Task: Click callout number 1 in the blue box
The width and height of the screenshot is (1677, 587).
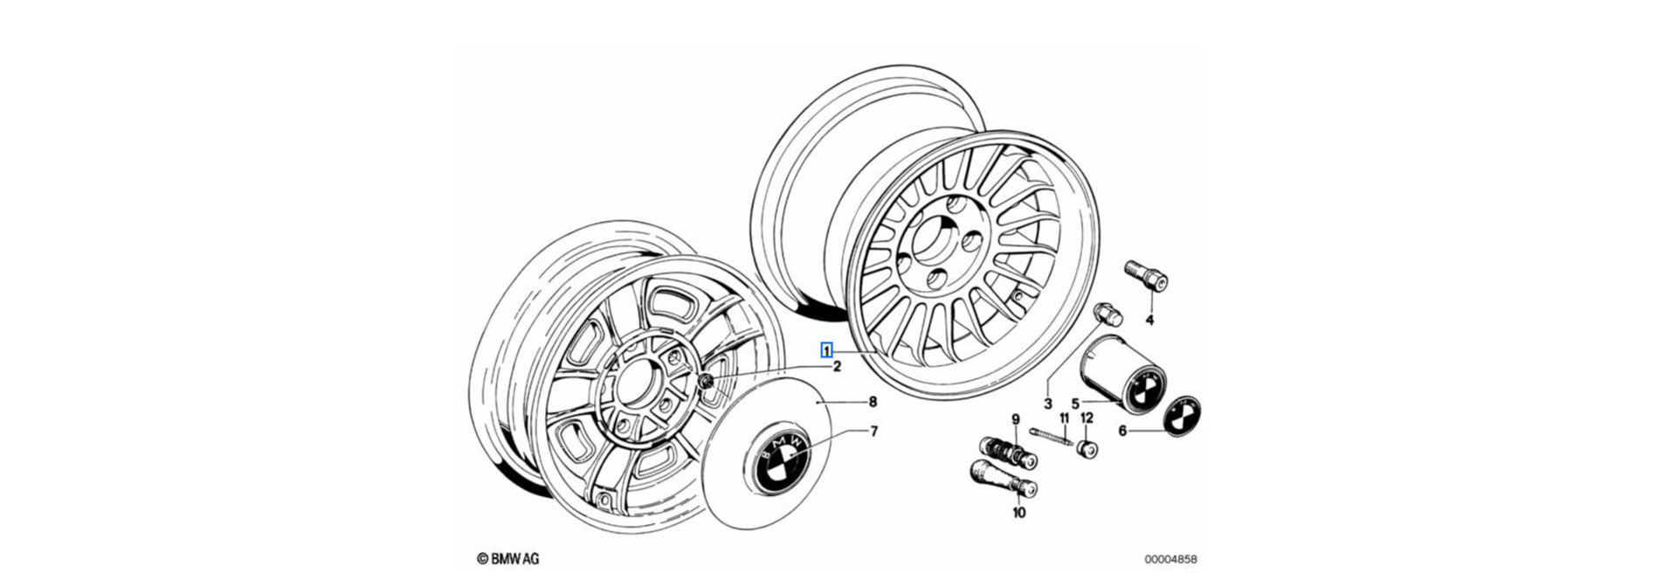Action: [826, 350]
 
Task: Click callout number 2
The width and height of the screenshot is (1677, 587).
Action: [836, 367]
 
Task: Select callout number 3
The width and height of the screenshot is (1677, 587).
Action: [1047, 404]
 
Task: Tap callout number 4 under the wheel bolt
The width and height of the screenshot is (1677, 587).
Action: [1149, 321]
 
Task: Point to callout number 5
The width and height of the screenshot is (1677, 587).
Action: [1075, 403]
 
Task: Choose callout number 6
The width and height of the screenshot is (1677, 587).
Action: [1122, 430]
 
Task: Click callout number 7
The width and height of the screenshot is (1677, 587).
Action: [873, 432]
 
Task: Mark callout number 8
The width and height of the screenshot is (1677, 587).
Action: [872, 402]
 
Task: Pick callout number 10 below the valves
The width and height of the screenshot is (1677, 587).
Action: [1018, 513]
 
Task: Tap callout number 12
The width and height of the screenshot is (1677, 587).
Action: [1087, 418]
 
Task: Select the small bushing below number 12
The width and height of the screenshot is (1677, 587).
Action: [1087, 449]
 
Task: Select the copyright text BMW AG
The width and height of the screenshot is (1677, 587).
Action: [507, 559]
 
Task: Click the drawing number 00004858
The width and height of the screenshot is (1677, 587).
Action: [1171, 559]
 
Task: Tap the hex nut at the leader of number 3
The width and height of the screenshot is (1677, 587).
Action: [1107, 314]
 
